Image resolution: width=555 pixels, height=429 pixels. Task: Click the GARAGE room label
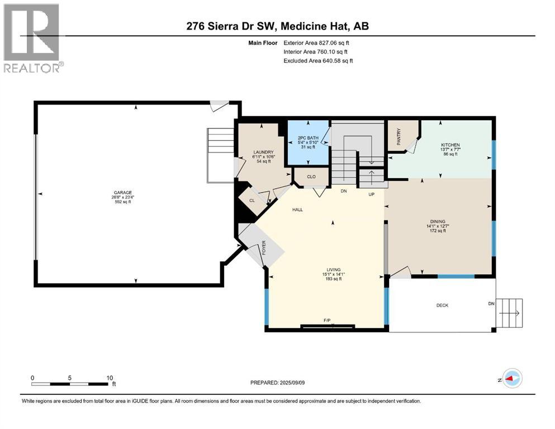click(x=123, y=193)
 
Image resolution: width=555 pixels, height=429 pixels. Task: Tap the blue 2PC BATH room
click(x=308, y=142)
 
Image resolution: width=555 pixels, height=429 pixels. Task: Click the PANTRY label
click(x=399, y=136)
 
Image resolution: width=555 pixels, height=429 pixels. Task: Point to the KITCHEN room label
click(x=450, y=145)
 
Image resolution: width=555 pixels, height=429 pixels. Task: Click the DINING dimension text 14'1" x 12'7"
click(x=438, y=226)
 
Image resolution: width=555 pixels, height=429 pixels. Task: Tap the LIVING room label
click(x=334, y=269)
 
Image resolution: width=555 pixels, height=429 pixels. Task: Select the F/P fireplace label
click(x=327, y=321)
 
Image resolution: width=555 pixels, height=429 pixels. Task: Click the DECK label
click(x=443, y=305)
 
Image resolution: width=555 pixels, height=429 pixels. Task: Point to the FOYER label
click(x=264, y=247)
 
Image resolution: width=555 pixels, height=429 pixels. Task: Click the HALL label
click(x=298, y=209)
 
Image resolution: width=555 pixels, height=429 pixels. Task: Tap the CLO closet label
click(x=311, y=177)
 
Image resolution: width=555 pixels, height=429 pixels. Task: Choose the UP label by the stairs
click(x=371, y=194)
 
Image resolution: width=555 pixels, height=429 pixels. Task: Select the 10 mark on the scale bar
click(x=110, y=378)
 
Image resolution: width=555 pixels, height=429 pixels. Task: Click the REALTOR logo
click(x=32, y=38)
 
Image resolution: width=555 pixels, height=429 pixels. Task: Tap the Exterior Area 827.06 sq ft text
click(x=316, y=43)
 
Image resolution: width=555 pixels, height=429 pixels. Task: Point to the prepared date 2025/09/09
click(x=292, y=383)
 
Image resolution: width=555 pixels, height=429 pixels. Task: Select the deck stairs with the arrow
click(x=510, y=313)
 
